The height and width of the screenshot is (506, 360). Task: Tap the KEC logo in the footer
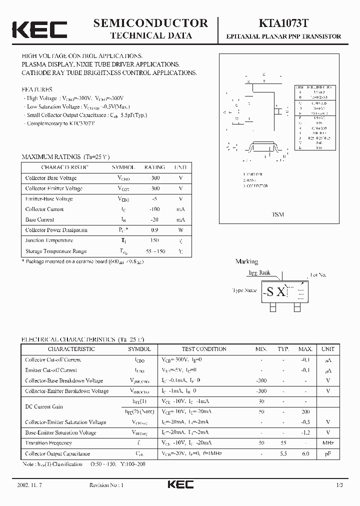pyautogui.click(x=180, y=485)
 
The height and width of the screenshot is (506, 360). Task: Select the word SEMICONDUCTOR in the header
pyautogui.click(x=150, y=23)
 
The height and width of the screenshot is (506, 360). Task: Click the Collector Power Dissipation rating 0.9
pyautogui.click(x=154, y=230)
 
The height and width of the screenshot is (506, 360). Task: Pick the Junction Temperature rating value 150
pyautogui.click(x=154, y=240)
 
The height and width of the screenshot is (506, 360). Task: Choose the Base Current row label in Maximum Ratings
pyautogui.click(x=40, y=219)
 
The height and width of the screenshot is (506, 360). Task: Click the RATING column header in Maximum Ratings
pyautogui.click(x=154, y=167)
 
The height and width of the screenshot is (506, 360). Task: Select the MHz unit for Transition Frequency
pyautogui.click(x=328, y=443)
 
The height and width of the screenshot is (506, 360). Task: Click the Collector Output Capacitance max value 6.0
pyautogui.click(x=305, y=453)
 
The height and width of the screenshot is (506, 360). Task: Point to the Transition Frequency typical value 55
pyautogui.click(x=283, y=443)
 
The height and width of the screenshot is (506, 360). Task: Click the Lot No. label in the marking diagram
pyautogui.click(x=318, y=274)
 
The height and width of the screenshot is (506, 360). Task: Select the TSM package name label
pyautogui.click(x=278, y=214)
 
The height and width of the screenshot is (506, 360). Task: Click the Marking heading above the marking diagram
pyautogui.click(x=246, y=261)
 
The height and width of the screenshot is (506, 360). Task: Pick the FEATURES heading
pyautogui.click(x=37, y=89)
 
